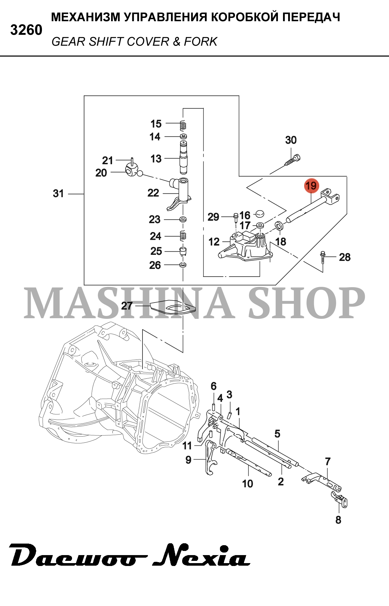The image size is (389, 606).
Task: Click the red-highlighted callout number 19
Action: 311,186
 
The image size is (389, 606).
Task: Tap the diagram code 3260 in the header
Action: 26,30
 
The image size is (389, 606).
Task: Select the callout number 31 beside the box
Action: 58,193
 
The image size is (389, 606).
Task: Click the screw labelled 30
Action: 293,160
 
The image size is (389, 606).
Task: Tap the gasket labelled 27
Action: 173,307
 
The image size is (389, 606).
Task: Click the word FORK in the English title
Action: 201,42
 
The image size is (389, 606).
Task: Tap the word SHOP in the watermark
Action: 306,303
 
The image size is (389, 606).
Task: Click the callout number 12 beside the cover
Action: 214,242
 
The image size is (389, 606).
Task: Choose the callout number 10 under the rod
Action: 247,483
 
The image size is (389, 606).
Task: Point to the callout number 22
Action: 153,193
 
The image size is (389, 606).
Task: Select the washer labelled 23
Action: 183,219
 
